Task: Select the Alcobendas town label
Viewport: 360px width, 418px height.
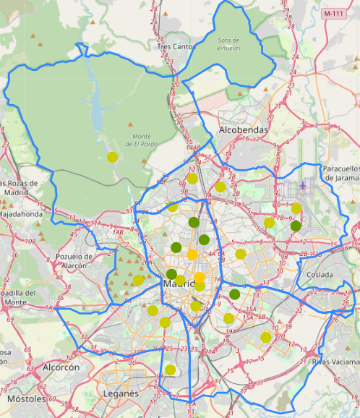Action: click(242, 130)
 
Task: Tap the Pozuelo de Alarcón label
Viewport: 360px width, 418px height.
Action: click(74, 260)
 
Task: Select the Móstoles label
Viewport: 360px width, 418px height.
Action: click(25, 398)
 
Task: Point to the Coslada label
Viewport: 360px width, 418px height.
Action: click(320, 275)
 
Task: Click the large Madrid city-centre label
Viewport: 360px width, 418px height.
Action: click(181, 284)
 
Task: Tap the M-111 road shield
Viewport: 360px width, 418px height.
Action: click(334, 13)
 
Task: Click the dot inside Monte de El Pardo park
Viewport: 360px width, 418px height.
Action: click(112, 157)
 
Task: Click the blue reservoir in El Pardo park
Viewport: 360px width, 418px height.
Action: click(97, 112)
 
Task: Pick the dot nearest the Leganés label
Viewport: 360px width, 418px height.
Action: click(170, 370)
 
